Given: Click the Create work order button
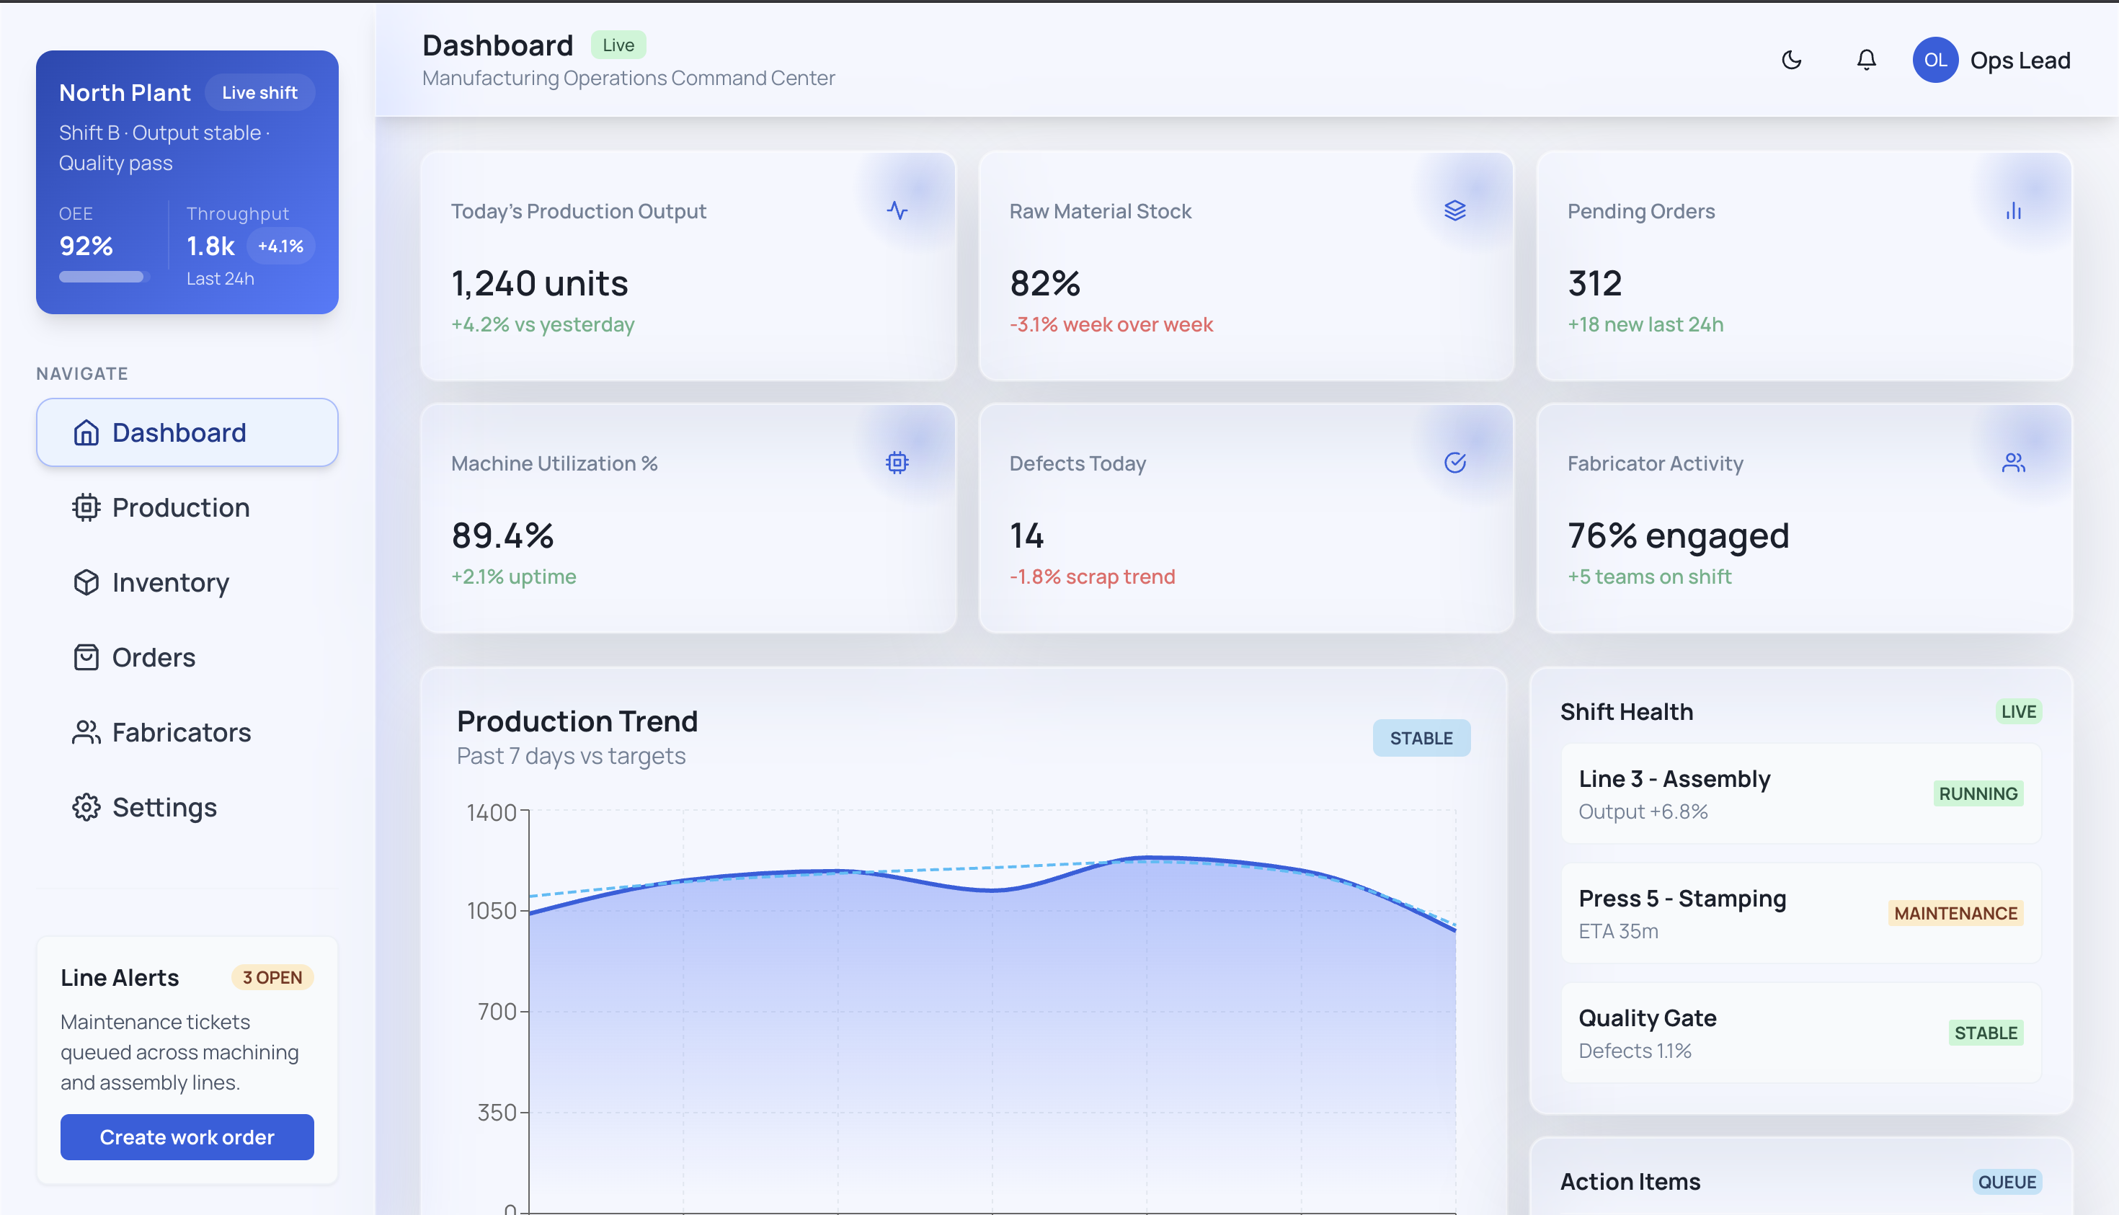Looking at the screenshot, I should pos(187,1136).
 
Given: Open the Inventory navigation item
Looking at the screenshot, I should pos(170,582).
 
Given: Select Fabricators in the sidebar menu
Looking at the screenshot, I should pos(181,733).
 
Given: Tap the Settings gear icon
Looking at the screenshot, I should pos(86,807).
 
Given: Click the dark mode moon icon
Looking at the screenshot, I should pos(1791,60).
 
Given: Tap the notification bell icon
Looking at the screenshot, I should pos(1866,60).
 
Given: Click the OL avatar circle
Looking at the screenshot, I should pos(1934,60).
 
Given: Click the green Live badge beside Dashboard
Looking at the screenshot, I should pos(618,45).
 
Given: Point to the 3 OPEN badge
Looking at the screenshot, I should pos(272,977).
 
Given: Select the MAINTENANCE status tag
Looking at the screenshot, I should pos(1955,913).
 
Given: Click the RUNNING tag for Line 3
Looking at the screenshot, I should pos(1977,793).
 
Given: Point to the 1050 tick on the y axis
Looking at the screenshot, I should pos(492,910).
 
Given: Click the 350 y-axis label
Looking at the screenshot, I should pos(497,1113).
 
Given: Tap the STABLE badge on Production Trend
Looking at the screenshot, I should pos(1421,738).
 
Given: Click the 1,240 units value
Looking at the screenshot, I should pos(539,284).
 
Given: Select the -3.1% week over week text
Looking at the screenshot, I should pos(1110,324).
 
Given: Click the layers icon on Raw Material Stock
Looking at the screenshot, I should pos(1454,210).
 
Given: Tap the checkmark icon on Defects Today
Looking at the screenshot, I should pos(1454,463).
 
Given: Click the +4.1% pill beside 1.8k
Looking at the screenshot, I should pos(280,246).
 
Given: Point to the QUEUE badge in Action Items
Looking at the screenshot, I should pos(2007,1182).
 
